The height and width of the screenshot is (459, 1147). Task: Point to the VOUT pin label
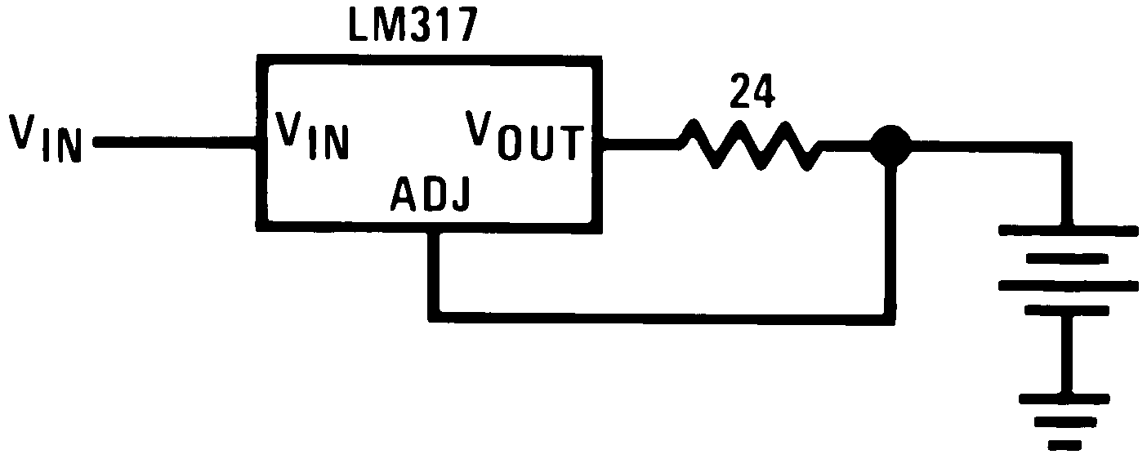pos(524,136)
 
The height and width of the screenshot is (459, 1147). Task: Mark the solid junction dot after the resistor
pos(888,145)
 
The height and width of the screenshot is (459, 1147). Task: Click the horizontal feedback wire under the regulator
pos(662,314)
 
